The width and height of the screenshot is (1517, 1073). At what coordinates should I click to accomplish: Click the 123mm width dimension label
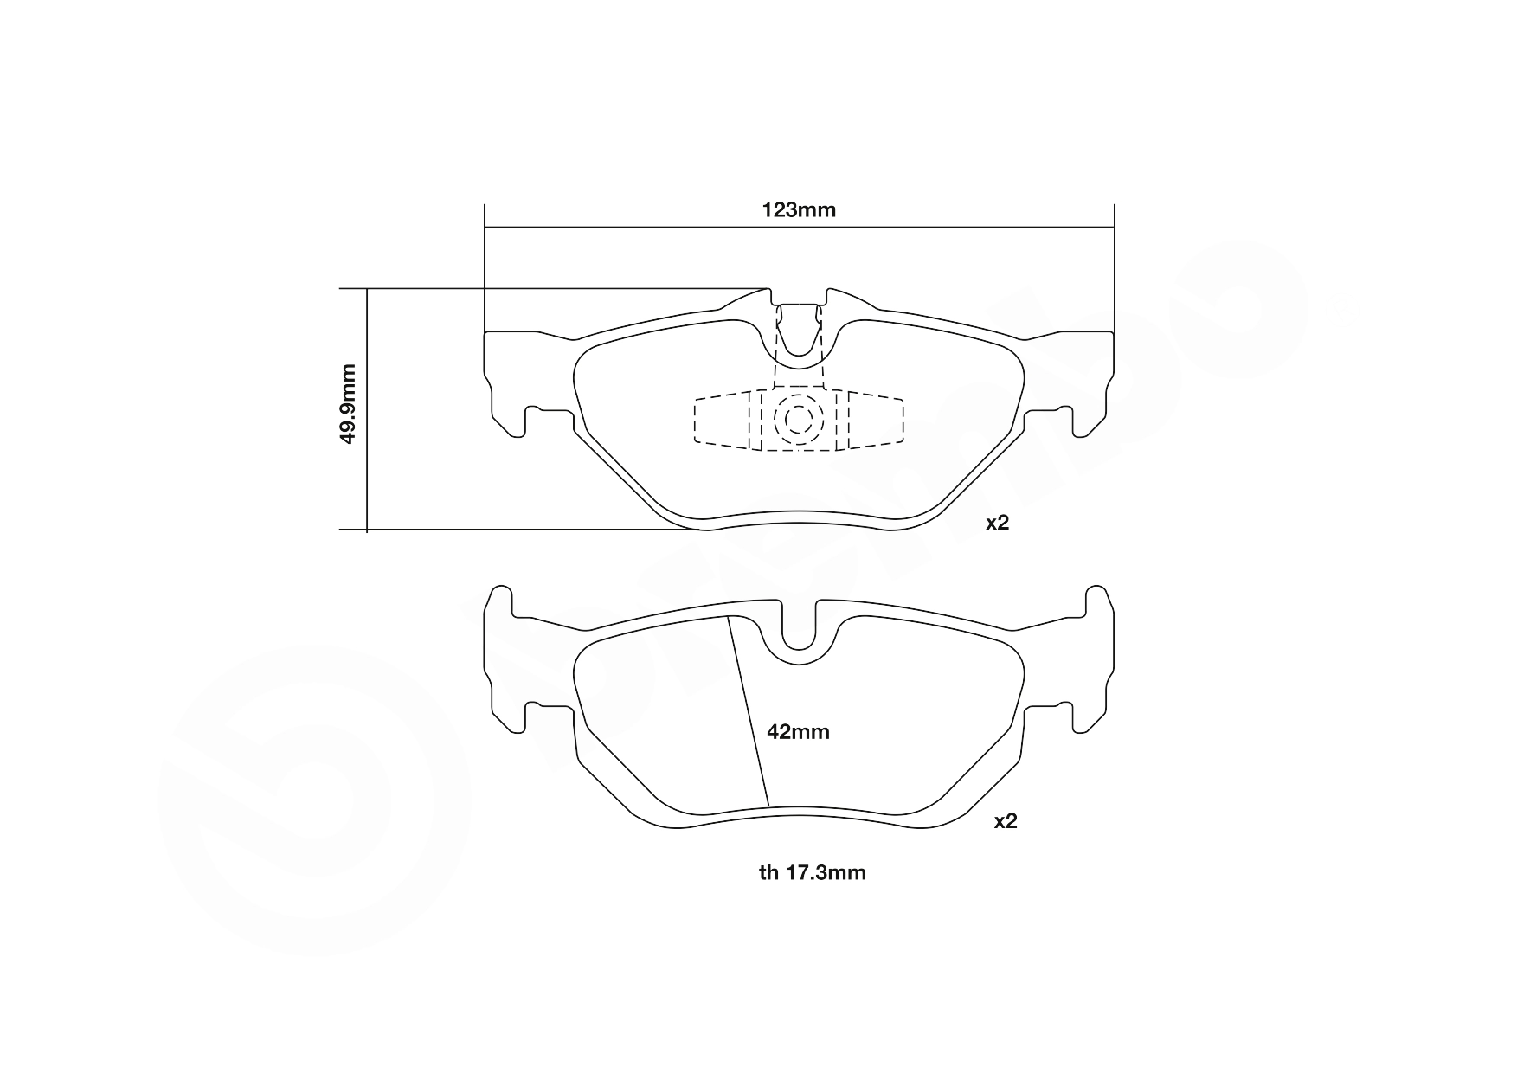[x=798, y=209]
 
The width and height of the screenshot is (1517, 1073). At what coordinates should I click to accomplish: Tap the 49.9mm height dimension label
[x=348, y=403]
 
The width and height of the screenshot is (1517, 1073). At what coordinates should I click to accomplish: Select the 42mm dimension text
[x=798, y=732]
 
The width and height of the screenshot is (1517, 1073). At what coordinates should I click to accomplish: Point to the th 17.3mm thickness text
[x=813, y=872]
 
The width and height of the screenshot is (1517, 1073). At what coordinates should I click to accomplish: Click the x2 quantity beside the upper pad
[x=998, y=523]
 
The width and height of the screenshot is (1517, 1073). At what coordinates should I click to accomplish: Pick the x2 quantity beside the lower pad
[x=1006, y=821]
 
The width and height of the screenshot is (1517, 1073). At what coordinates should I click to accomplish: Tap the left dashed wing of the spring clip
[x=723, y=420]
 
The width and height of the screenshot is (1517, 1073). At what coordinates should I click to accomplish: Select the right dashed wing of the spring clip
[x=874, y=420]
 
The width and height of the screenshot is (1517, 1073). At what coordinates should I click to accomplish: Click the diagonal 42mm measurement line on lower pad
[x=748, y=711]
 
